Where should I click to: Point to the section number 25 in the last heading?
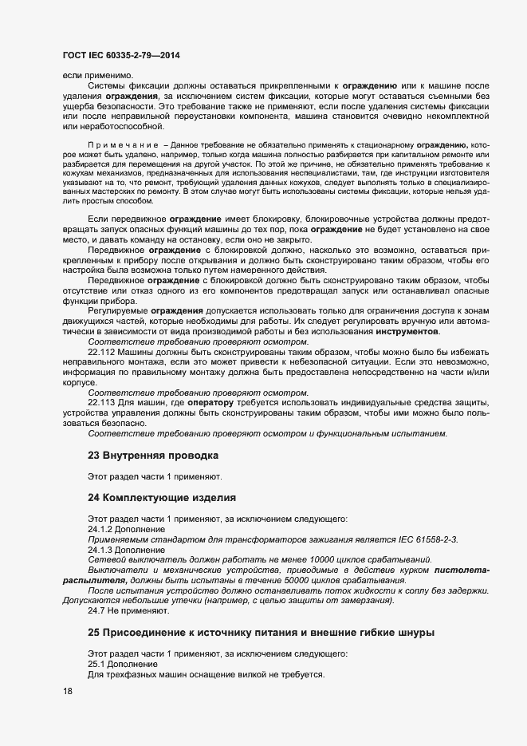[x=93, y=633]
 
